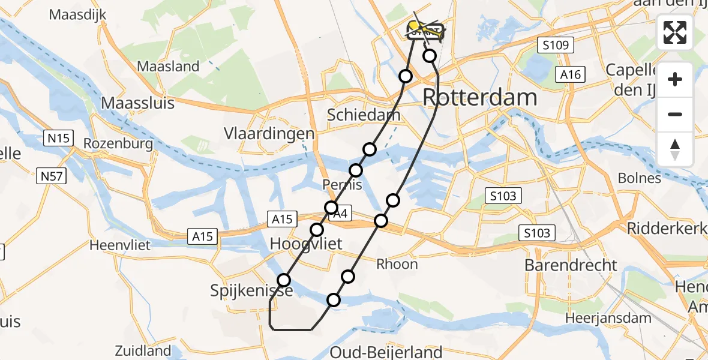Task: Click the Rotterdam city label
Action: click(480, 97)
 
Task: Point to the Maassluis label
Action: click(137, 103)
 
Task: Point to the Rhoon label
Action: click(397, 264)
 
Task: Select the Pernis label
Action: click(343, 184)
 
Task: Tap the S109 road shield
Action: click(556, 45)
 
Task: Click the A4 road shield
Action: click(340, 213)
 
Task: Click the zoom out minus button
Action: click(675, 114)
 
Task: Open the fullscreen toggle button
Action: click(675, 32)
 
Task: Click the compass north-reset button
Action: click(675, 149)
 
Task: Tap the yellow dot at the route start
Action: click(413, 26)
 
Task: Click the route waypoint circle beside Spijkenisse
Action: click(284, 280)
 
